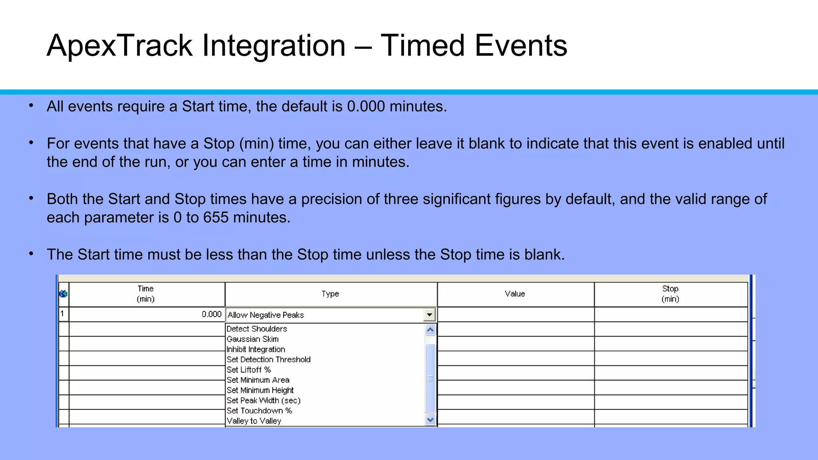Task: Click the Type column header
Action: (x=330, y=294)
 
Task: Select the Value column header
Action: (x=515, y=294)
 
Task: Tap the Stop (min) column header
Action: (x=670, y=294)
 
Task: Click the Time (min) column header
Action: (x=146, y=294)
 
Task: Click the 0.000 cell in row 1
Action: (x=211, y=314)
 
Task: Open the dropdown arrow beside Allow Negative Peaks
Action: (x=429, y=315)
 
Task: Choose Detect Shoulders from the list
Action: (x=257, y=329)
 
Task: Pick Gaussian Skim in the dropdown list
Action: (x=252, y=339)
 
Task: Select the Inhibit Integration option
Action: (x=256, y=349)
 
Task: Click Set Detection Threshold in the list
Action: (x=268, y=359)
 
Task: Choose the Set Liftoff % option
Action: (x=248, y=370)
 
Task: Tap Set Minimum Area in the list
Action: (x=258, y=380)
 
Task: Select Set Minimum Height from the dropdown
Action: (x=260, y=390)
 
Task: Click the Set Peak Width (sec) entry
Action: (x=263, y=401)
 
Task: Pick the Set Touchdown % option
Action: (x=259, y=410)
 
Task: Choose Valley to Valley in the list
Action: (x=254, y=421)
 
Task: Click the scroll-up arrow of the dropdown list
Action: (x=430, y=330)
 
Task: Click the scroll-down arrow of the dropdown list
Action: (x=430, y=420)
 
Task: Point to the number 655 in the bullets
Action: (x=216, y=218)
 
